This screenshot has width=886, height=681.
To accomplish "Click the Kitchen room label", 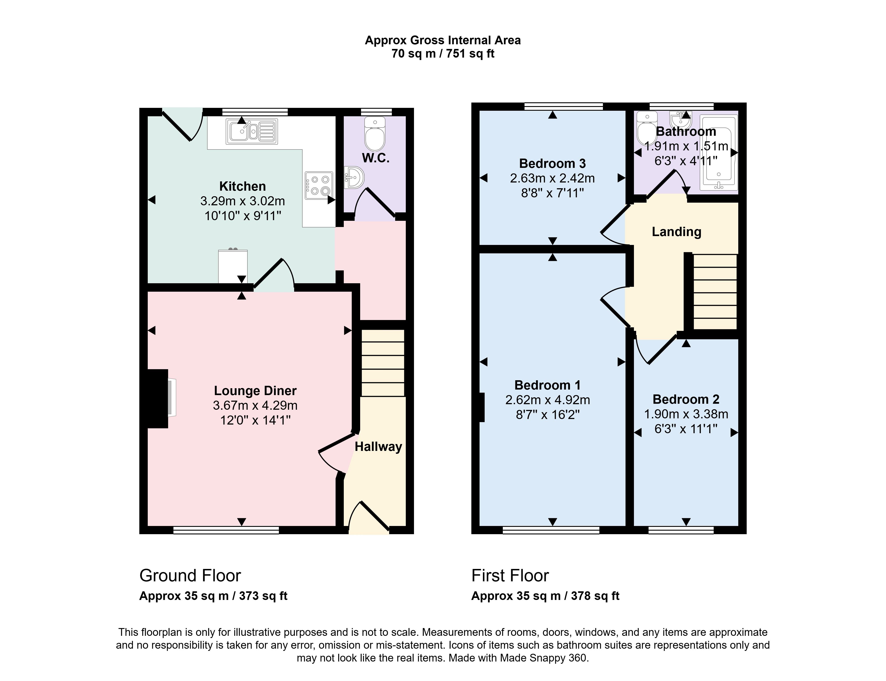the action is (x=242, y=186).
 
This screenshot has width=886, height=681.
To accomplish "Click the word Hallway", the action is (x=378, y=447).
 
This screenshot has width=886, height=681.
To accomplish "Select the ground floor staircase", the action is (x=383, y=363).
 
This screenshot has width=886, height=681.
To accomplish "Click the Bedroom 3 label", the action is (x=552, y=164).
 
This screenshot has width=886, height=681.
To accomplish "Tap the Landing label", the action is (x=676, y=232).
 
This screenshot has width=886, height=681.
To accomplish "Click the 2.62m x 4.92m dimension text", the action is (x=548, y=400).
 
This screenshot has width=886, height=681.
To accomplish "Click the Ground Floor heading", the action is (x=190, y=576).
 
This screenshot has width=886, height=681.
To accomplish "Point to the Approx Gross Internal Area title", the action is (x=443, y=41).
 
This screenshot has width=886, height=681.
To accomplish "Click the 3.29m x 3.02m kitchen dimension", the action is (x=242, y=201).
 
